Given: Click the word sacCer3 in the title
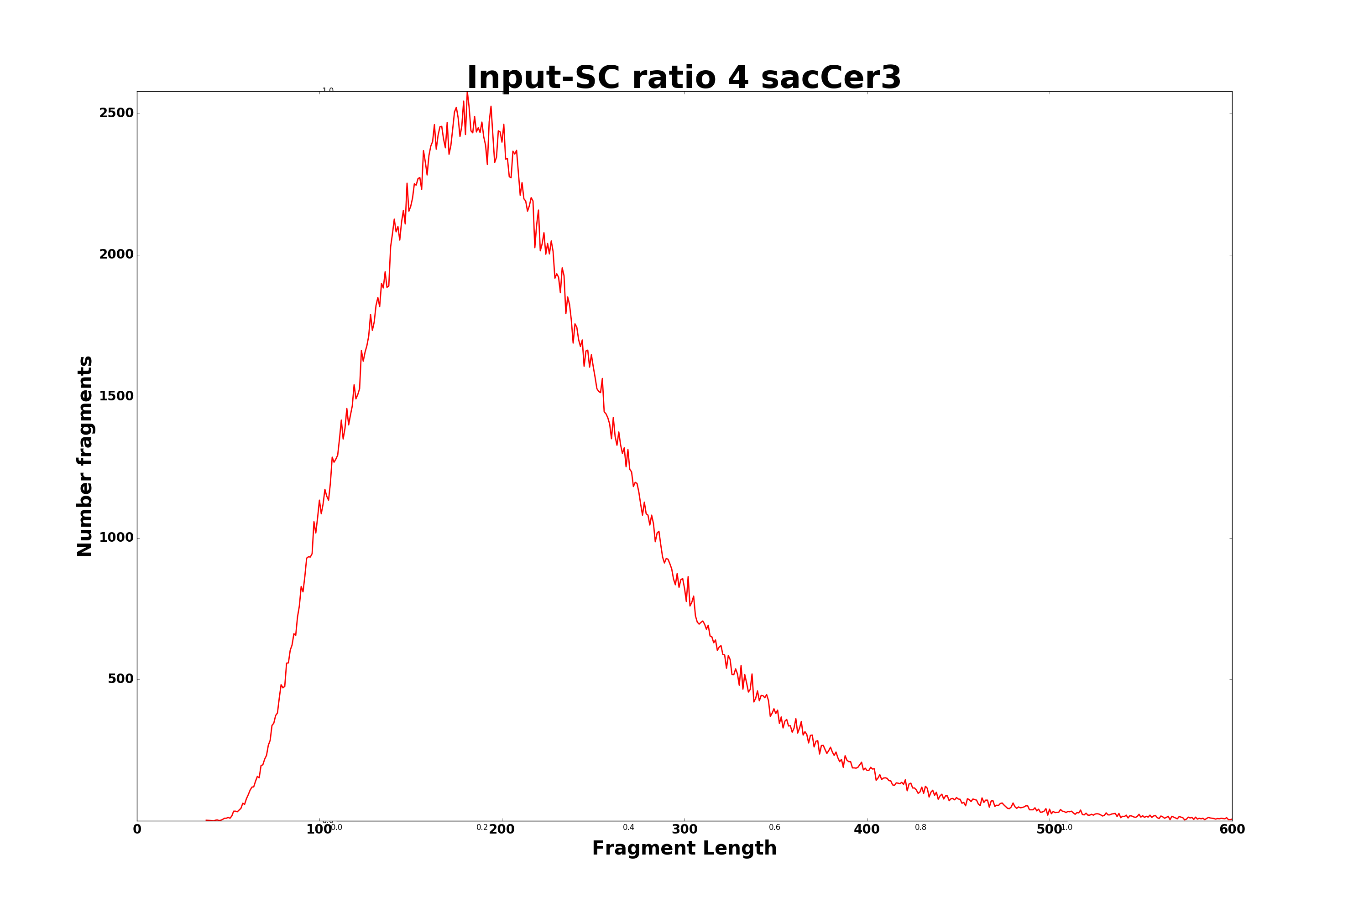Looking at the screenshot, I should [831, 78].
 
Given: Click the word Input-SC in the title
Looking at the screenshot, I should [543, 78].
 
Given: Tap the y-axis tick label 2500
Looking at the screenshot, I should [116, 114].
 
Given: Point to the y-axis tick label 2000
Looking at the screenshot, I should [116, 255].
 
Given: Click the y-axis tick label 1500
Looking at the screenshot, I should [116, 396].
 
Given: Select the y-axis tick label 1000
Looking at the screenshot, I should [116, 538].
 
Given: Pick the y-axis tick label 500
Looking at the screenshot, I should [120, 679].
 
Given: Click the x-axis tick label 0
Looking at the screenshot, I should [137, 830].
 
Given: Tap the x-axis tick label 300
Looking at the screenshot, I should [684, 830].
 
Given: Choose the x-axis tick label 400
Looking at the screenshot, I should [867, 830].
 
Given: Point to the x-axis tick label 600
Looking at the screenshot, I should [1232, 830].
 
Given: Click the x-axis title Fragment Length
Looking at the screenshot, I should [684, 849].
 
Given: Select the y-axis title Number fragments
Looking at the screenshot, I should [85, 456].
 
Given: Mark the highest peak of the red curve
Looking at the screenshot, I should [467, 93].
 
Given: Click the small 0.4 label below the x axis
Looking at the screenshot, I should [629, 828].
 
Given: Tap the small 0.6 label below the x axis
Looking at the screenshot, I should [775, 828].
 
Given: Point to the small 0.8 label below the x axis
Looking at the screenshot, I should [921, 828].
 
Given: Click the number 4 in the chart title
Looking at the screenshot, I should [737, 78].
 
